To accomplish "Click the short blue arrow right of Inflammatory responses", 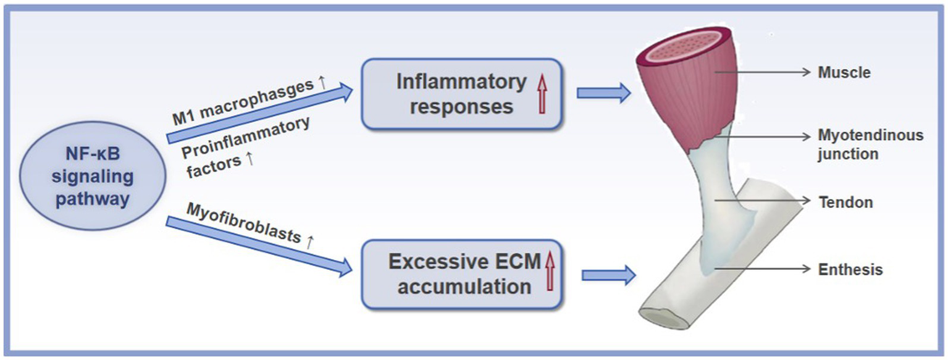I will tap(603, 93).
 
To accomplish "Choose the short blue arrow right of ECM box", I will tap(608, 274).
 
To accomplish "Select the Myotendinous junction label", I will tap(870, 144).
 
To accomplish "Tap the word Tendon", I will tap(845, 202).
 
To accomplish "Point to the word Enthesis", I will tap(850, 269).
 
